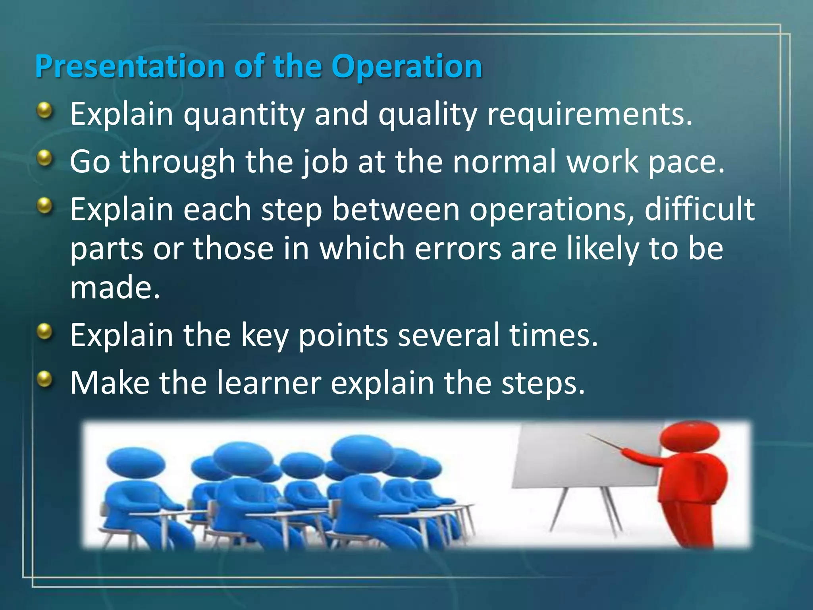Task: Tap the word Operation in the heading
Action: (x=406, y=66)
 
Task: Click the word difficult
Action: (x=699, y=209)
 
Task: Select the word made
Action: (x=115, y=288)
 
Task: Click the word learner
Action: (x=269, y=383)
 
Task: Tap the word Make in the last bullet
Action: (x=110, y=383)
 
